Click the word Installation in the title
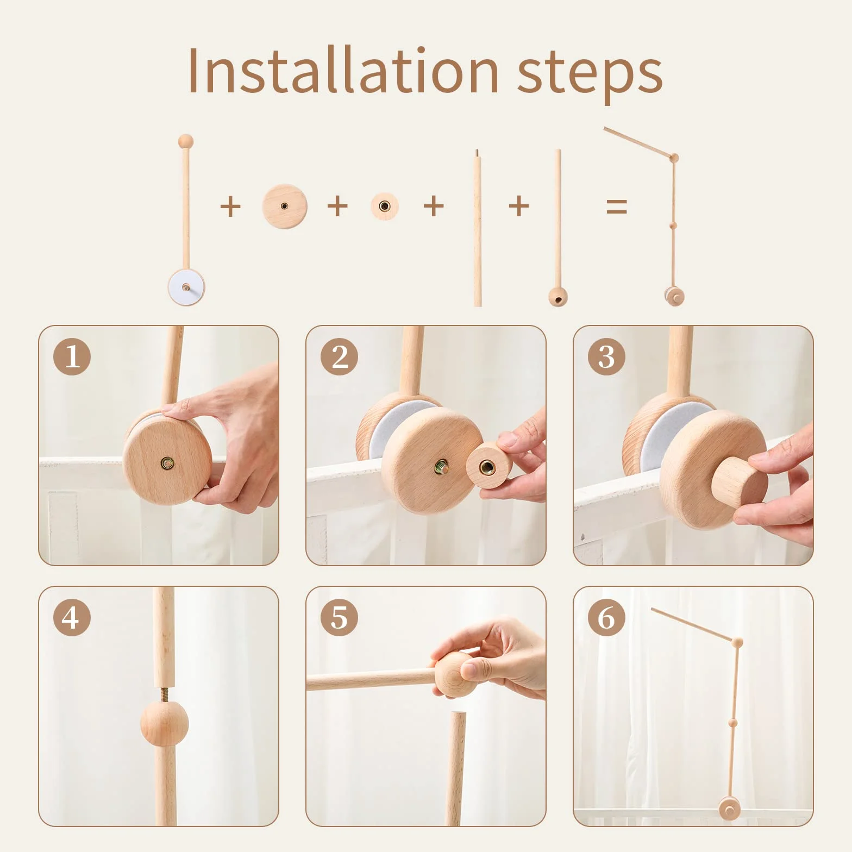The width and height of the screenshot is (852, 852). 343,70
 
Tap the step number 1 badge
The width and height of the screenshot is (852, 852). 72,356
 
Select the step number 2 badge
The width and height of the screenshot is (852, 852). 339,356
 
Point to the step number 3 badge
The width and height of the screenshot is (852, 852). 606,356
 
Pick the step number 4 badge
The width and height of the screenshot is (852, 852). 72,617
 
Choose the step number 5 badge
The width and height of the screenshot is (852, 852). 339,617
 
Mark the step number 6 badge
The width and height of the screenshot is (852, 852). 606,617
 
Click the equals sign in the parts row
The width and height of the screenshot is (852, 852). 617,206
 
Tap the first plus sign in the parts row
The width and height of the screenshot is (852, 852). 230,206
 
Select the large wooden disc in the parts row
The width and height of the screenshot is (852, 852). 285,206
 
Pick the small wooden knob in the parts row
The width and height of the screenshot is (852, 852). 385,206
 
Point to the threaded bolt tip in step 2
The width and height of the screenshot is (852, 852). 442,466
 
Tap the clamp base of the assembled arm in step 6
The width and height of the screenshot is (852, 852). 729,810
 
